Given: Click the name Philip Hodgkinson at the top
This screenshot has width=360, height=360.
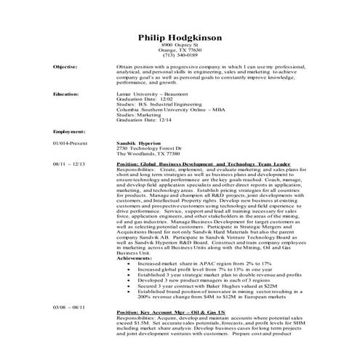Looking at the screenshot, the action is click(x=180, y=38).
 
